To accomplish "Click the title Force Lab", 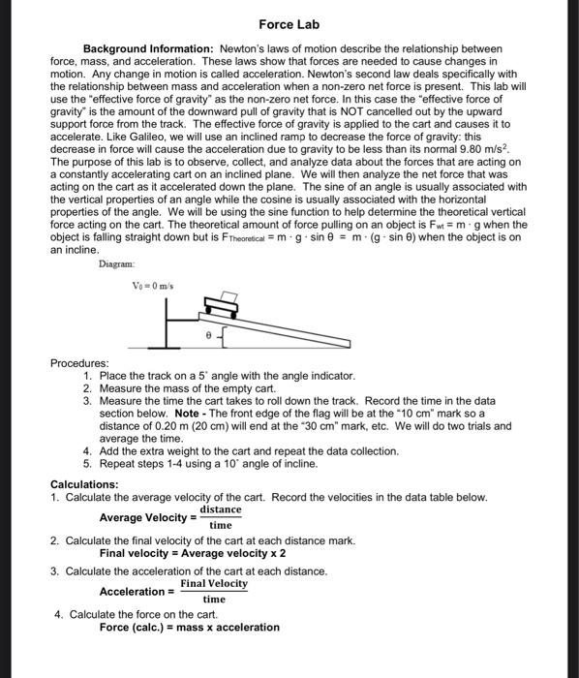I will pos(289,23).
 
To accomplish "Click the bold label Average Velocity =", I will pos(145,517).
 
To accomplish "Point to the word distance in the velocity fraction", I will pos(221,509).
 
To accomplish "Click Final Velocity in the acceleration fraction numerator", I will pos(214,583).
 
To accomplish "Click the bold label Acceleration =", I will pos(137,592).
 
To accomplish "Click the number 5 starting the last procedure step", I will pos(88,464).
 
